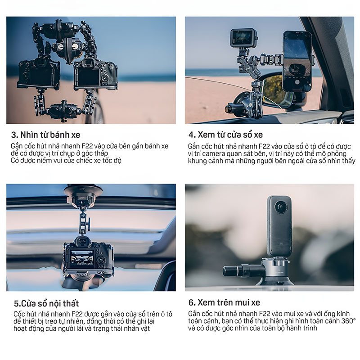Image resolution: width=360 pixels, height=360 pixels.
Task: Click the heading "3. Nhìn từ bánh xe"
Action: click(x=46, y=135)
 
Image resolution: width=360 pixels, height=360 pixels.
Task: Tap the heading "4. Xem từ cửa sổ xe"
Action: click(x=226, y=135)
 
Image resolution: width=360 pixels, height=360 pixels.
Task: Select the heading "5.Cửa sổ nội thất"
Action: click(x=46, y=303)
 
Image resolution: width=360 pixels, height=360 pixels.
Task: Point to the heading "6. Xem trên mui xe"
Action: click(x=224, y=302)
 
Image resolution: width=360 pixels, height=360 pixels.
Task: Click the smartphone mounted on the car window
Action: click(x=297, y=61)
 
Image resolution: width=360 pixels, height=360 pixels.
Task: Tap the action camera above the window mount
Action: click(x=243, y=38)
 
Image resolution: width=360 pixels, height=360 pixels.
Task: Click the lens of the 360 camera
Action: click(x=280, y=207)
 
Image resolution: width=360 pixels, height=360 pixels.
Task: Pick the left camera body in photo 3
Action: click(x=39, y=73)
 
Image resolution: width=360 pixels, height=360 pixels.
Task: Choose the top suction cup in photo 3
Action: click(x=60, y=29)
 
